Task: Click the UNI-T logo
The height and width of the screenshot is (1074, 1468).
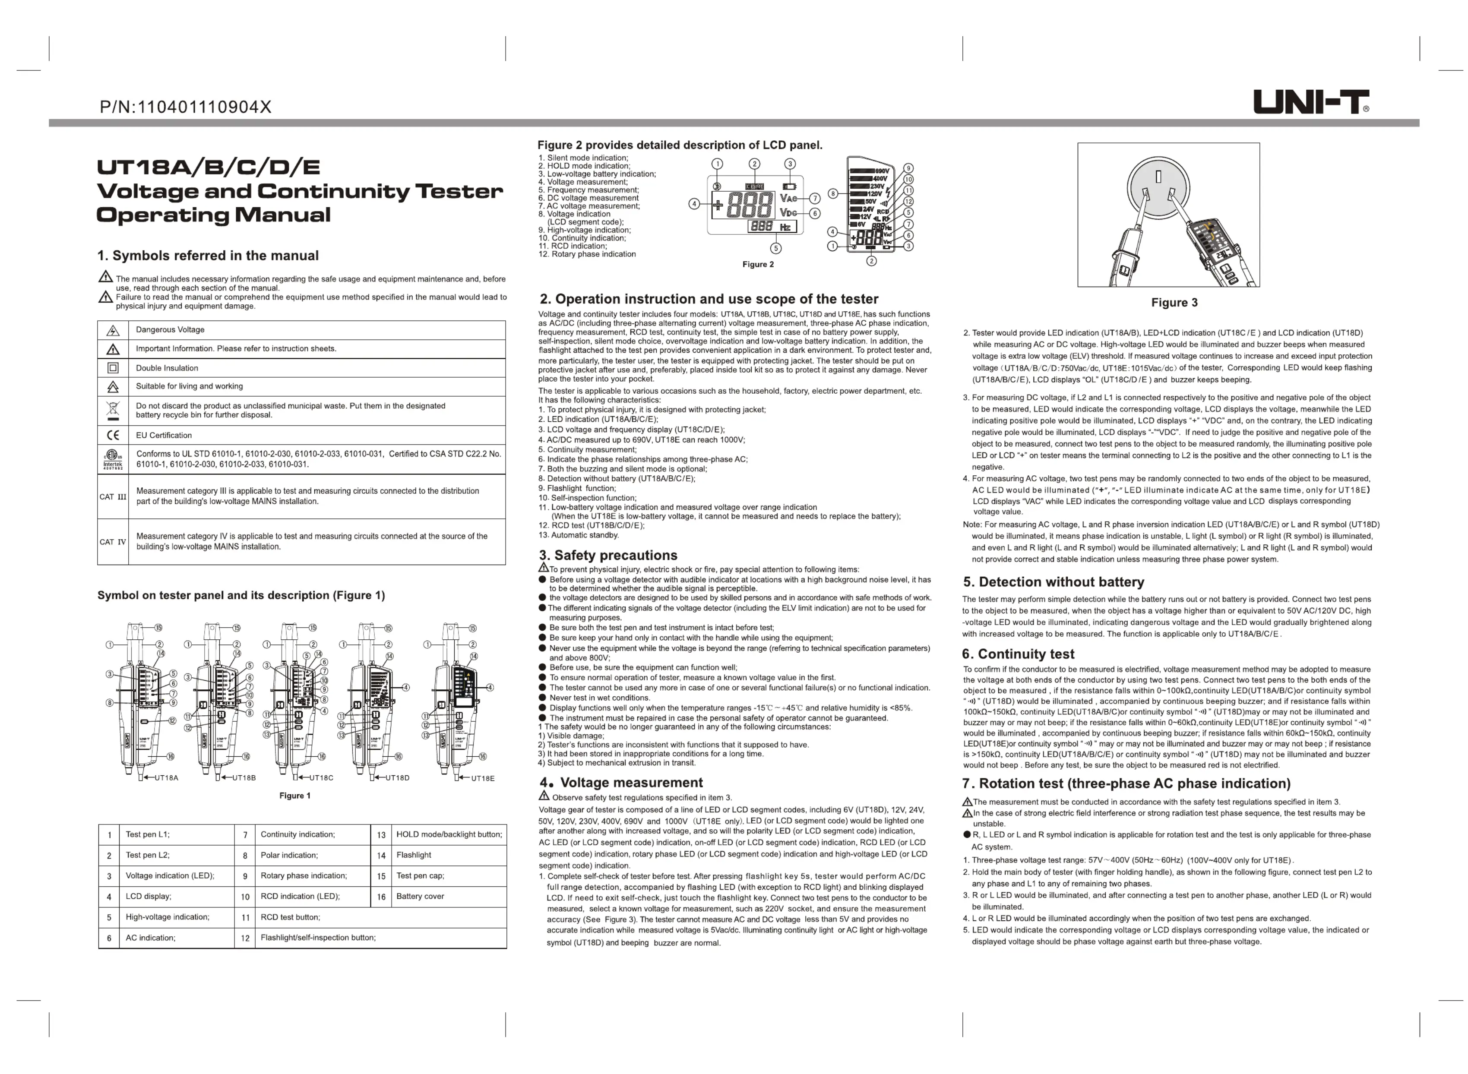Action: coord(1310,102)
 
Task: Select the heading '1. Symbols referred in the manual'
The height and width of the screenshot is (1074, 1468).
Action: coord(208,256)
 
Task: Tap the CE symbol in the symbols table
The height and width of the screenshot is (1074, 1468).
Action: coord(112,435)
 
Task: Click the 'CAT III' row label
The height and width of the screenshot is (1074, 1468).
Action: coord(112,497)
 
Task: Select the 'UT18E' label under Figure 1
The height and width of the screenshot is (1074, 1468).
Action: coord(482,778)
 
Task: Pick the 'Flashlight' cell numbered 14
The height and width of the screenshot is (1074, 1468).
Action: coord(414,855)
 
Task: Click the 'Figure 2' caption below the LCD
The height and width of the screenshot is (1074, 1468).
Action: coord(758,265)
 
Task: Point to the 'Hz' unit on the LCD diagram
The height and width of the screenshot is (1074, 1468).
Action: coord(785,227)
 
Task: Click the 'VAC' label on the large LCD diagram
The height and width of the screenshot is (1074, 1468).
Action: coord(788,198)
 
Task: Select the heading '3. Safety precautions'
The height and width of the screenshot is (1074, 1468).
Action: coord(608,555)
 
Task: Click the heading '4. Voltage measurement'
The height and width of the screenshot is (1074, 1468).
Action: coord(621,783)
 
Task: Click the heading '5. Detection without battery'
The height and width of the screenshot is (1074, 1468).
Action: coord(1053,582)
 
